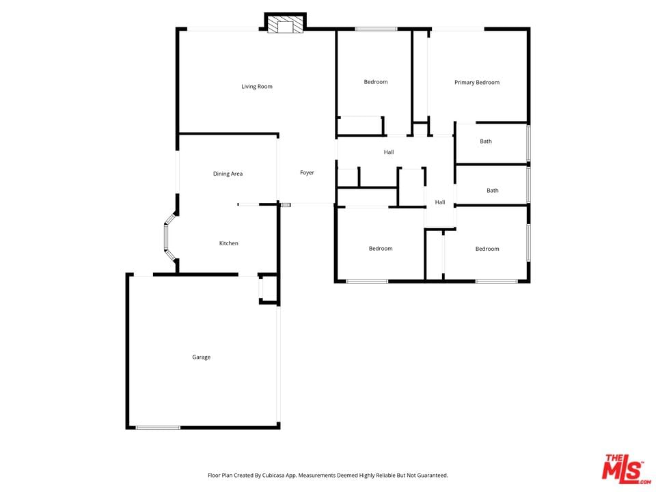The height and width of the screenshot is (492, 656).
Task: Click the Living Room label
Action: [x=256, y=87]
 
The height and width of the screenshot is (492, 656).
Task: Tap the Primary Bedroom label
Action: [x=477, y=83]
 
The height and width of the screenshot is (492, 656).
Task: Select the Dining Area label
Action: [x=228, y=174]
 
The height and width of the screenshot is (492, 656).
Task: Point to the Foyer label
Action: [x=307, y=172]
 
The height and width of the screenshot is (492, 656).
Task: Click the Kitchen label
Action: [x=229, y=243]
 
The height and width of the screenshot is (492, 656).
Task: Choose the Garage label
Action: [x=201, y=357]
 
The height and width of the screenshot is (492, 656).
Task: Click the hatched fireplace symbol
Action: [x=285, y=25]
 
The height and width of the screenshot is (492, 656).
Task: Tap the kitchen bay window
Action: [x=170, y=237]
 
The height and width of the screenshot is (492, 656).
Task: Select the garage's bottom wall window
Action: [x=158, y=428]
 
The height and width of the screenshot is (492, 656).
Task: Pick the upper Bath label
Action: [x=486, y=141]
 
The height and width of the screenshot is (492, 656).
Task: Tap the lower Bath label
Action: [x=493, y=191]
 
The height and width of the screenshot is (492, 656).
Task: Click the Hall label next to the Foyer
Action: [x=389, y=152]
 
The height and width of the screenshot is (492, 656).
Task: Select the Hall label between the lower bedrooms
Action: [x=439, y=202]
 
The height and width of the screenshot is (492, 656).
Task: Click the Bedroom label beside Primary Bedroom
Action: [x=376, y=82]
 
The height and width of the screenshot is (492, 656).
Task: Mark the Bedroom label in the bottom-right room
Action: [x=487, y=249]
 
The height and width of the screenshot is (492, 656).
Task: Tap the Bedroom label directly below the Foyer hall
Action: [x=381, y=249]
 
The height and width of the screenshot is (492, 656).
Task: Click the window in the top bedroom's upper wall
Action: [x=376, y=29]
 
